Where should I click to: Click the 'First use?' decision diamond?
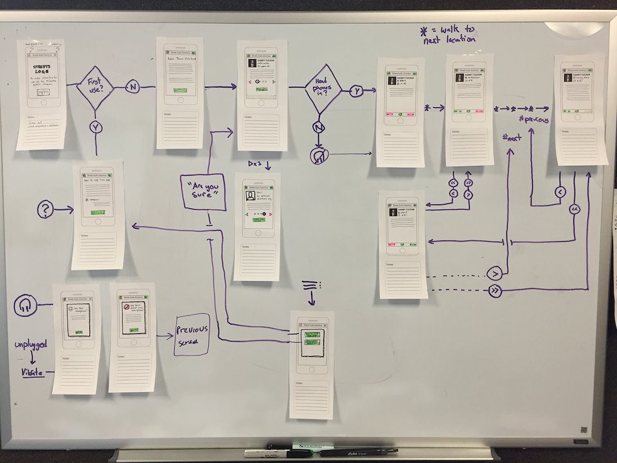click(x=95, y=87)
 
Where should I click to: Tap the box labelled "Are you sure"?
click(x=203, y=192)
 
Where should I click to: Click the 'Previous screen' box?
click(x=192, y=334)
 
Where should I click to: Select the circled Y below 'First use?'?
click(x=96, y=127)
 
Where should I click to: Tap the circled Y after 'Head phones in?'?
click(x=357, y=91)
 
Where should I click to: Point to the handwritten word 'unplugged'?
click(x=31, y=345)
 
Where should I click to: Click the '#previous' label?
click(x=533, y=119)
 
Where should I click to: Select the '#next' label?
click(x=514, y=138)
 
